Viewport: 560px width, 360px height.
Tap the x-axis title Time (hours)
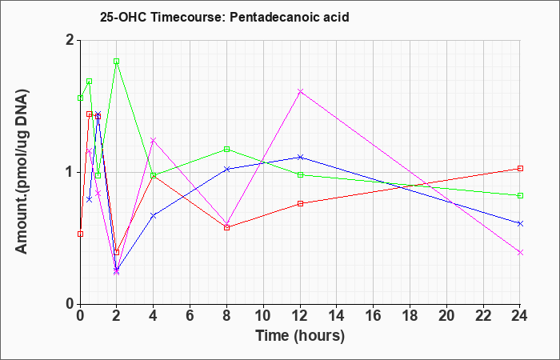pos(300,336)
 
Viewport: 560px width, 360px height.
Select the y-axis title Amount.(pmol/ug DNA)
pos(22,171)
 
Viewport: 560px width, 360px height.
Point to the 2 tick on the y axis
pos(70,40)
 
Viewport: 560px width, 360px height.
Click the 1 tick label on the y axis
pos(70,173)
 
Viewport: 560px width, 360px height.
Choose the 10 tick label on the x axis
pos(263,315)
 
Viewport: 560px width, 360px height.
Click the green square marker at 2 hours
pos(117,61)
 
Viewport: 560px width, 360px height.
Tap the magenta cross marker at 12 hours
pos(300,91)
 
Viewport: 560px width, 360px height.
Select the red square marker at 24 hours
pos(520,168)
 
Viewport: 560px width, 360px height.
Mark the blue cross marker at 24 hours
pos(520,223)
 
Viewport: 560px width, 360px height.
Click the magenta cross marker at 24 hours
pos(520,252)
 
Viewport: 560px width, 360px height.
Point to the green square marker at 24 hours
pos(520,195)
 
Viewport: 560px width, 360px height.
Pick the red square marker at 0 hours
pos(80,234)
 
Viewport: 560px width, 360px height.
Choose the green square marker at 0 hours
pos(80,98)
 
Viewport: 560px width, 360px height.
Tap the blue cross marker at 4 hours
pos(154,215)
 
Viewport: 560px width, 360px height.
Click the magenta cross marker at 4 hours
pos(154,140)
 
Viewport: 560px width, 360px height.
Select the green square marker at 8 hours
pos(226,149)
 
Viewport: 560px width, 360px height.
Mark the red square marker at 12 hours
pos(300,203)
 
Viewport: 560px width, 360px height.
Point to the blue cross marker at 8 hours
pos(226,169)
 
